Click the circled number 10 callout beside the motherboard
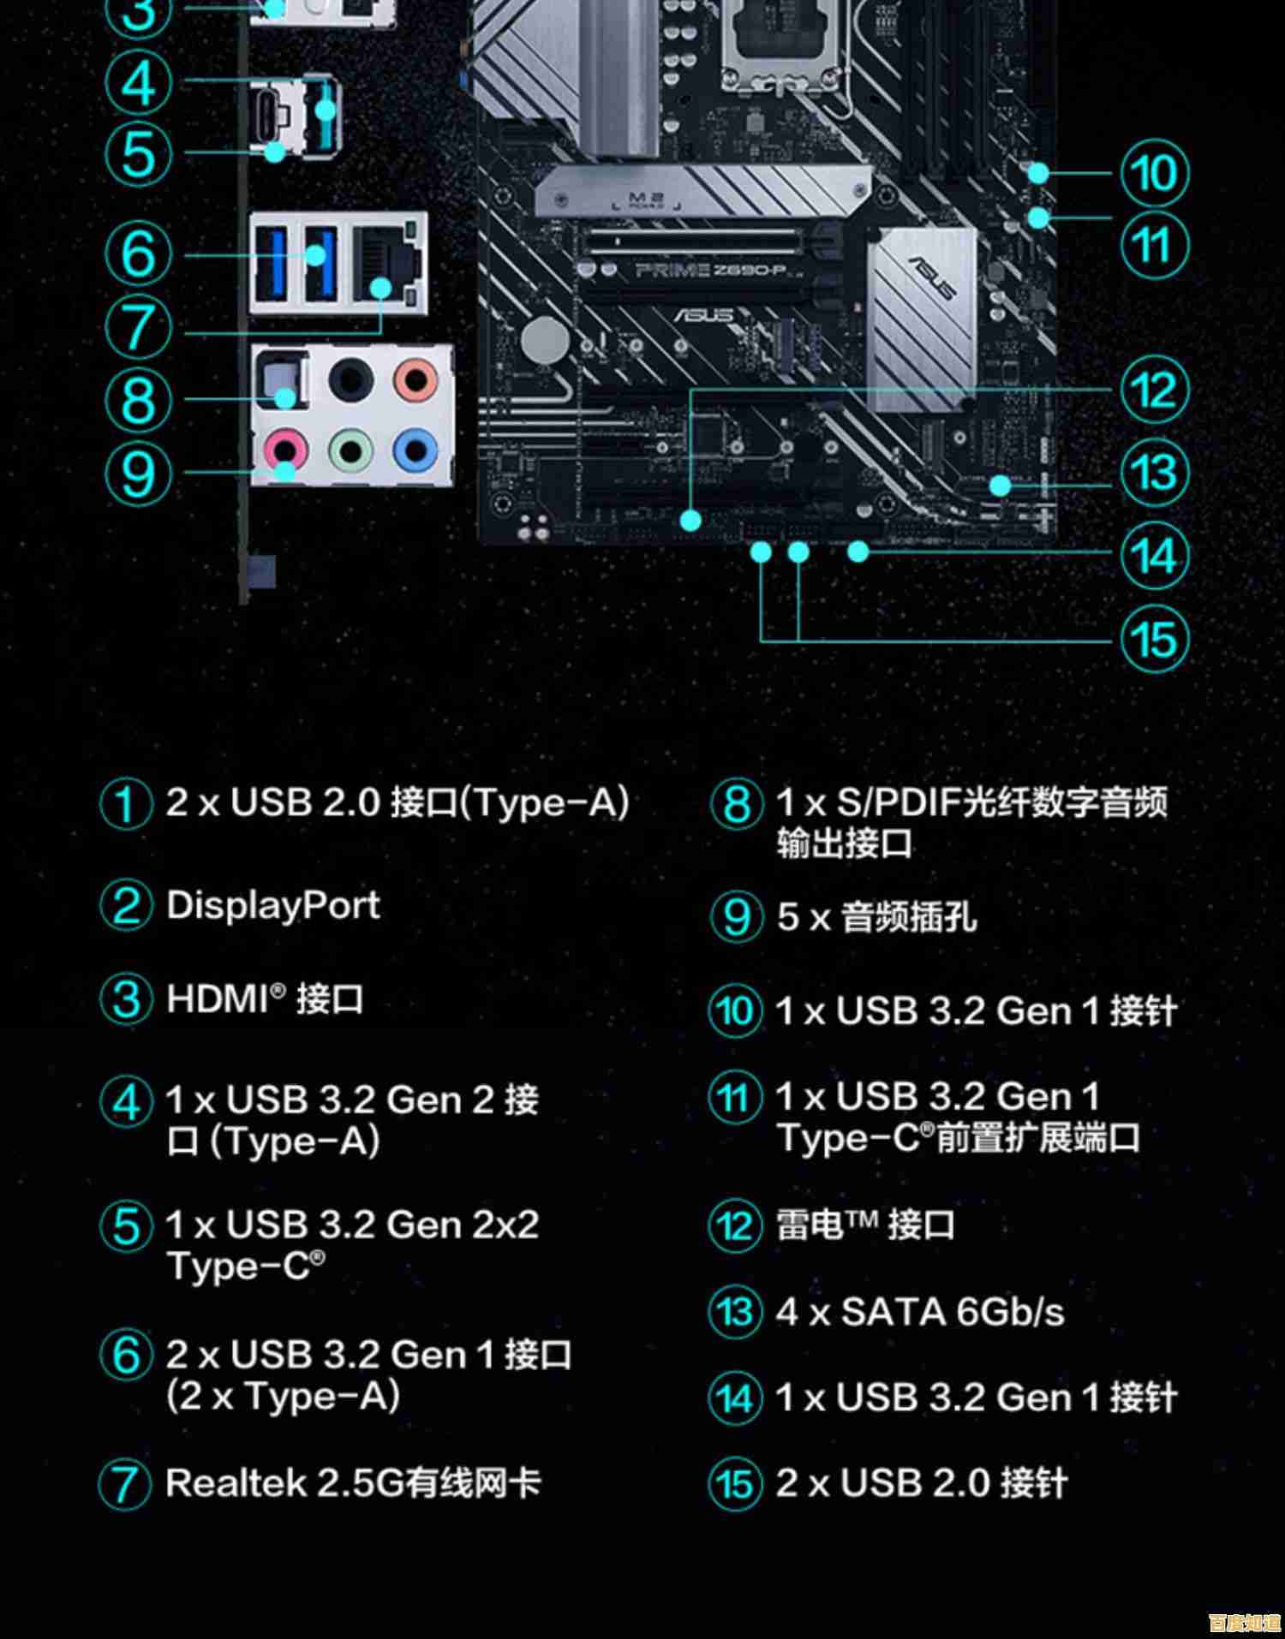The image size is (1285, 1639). [1154, 173]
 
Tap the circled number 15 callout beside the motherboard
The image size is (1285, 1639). [1154, 640]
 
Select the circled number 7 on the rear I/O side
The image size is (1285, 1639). [138, 327]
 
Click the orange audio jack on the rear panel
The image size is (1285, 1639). [415, 379]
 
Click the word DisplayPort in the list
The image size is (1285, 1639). [272, 905]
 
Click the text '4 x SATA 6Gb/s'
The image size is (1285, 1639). [919, 1311]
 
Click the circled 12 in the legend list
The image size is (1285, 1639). [735, 1225]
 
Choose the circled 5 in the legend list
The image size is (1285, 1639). [126, 1225]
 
